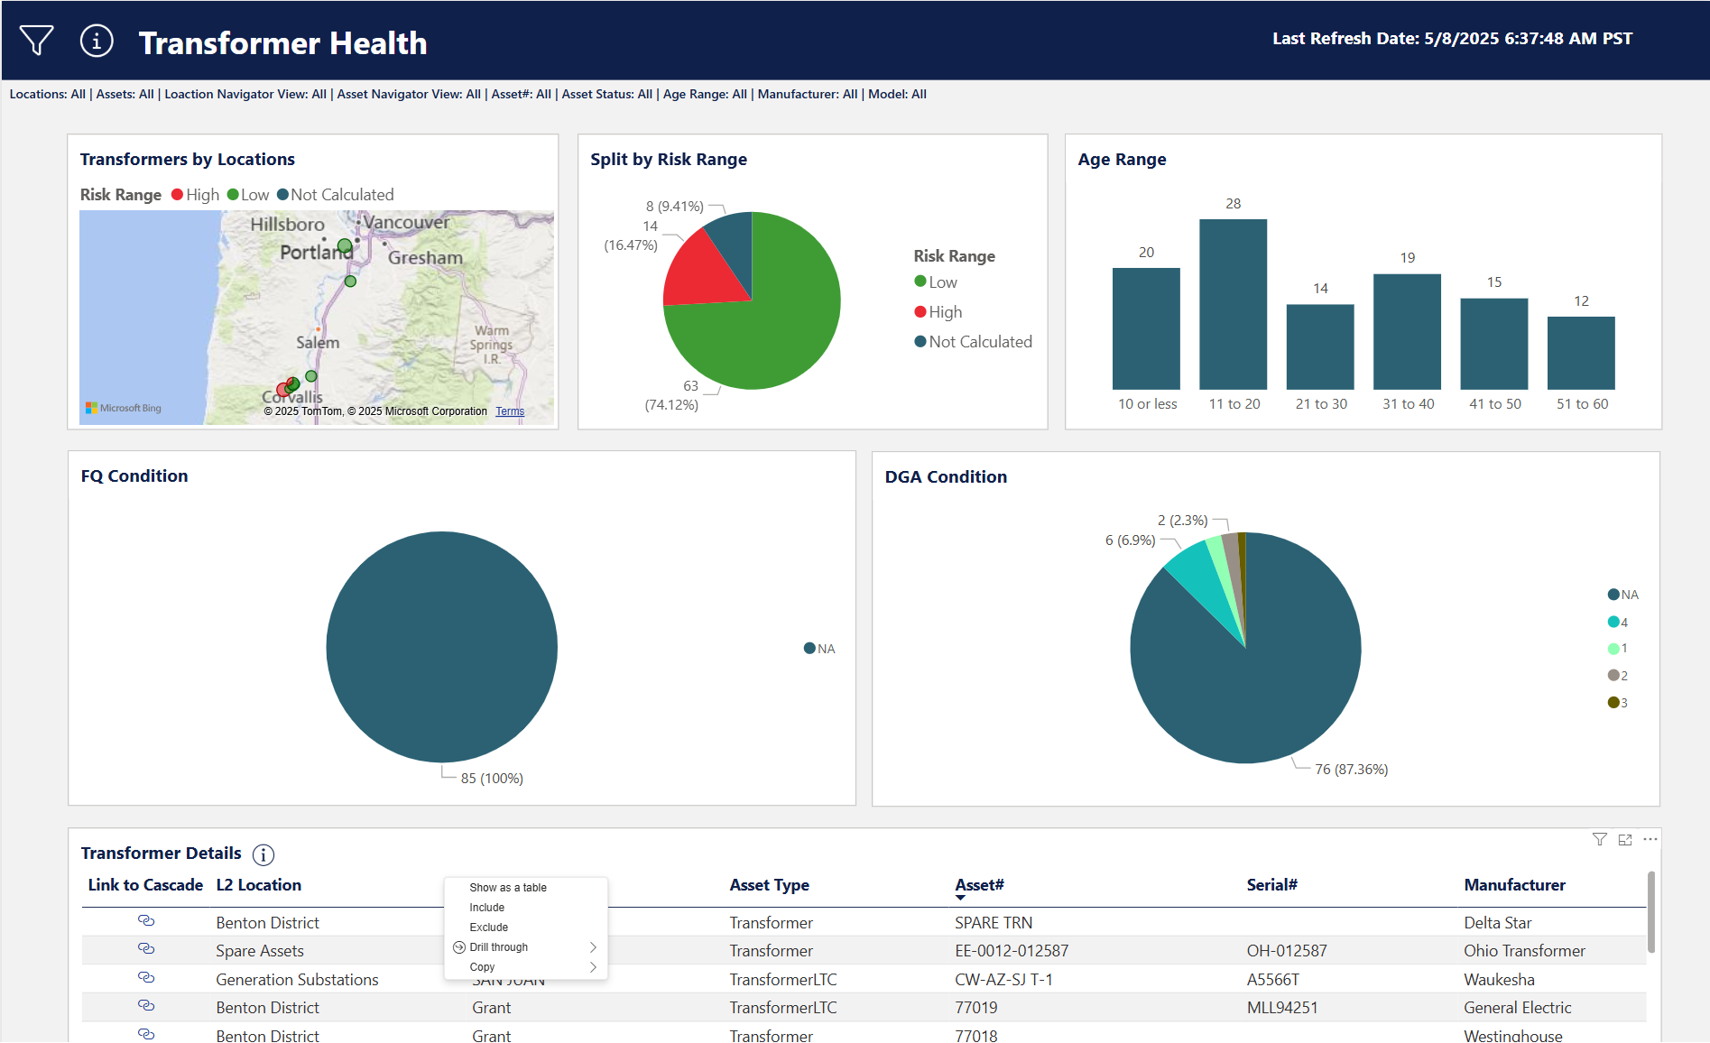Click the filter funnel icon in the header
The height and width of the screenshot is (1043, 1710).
coord(36,41)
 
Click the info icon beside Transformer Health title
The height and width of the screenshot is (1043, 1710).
coord(97,41)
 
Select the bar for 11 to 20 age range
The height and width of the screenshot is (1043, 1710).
coord(1233,304)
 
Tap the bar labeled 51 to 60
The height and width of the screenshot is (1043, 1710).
coord(1581,353)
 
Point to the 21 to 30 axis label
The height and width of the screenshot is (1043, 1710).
coord(1321,404)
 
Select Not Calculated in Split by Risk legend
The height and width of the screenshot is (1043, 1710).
coord(980,342)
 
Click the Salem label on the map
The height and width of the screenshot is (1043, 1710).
coord(318,343)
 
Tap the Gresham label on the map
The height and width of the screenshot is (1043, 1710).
coord(425,258)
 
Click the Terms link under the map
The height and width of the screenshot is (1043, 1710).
coord(510,411)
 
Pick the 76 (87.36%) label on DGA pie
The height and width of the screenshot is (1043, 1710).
coord(1351,770)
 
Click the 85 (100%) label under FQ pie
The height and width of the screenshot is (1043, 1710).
coord(492,779)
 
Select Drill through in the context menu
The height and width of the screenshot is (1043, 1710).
coord(499,947)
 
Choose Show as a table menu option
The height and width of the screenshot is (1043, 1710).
coord(508,888)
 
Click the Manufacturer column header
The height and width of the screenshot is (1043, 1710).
coord(1514,885)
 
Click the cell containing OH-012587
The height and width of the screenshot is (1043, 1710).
coord(1287,951)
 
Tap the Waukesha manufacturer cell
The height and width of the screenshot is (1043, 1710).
coord(1499,980)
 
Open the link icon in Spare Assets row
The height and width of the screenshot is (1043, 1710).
coord(146,949)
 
